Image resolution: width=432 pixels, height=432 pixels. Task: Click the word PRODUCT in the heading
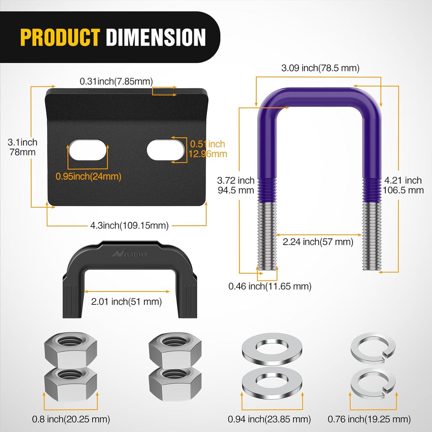point(60,37)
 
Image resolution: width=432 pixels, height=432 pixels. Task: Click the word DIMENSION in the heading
point(156,37)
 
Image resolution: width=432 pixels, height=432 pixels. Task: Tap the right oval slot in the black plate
point(165,149)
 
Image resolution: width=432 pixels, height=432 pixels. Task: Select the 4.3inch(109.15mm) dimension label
point(129,225)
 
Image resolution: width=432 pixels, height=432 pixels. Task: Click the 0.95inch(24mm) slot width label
point(88,176)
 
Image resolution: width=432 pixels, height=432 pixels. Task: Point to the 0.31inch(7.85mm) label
point(116,81)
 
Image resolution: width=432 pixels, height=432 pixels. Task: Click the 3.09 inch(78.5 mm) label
point(320,68)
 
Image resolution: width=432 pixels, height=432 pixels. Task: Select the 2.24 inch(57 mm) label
point(318,242)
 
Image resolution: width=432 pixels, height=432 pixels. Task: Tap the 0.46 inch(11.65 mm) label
point(270,286)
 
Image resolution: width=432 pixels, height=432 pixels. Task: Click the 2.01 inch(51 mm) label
point(126,302)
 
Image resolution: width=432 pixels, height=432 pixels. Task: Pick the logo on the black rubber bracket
point(130,254)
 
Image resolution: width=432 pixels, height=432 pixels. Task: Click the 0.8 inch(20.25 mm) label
point(71,419)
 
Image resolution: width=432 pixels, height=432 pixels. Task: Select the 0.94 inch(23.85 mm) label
point(269,419)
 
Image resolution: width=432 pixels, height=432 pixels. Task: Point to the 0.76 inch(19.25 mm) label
point(369,419)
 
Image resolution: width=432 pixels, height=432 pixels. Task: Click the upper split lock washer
point(373,347)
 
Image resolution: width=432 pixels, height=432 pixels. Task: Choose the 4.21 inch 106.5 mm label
point(403,185)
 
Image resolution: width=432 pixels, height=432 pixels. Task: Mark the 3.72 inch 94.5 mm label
point(236,185)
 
